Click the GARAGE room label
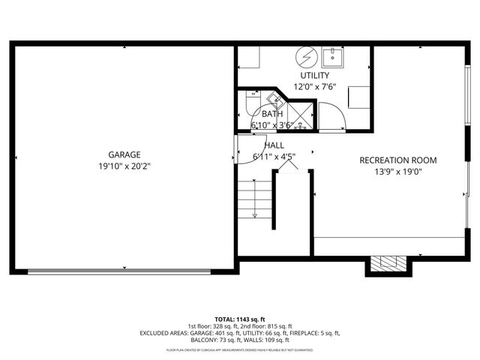pos(124,155)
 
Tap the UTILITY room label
pos(314,76)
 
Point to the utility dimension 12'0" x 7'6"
pos(314,86)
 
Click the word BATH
pos(271,114)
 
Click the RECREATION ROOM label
pos(397,160)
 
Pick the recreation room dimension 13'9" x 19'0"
pos(397,172)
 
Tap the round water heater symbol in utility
pos(304,56)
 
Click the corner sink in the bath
pos(274,99)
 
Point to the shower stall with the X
pos(301,115)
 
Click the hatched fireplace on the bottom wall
pos(388,263)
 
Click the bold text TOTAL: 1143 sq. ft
pos(240,319)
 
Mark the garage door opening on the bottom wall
pos(125,271)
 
